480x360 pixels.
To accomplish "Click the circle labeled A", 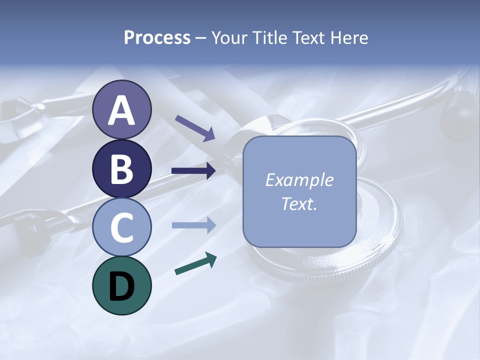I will [x=121, y=109].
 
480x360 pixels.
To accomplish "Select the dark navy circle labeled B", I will [x=121, y=168].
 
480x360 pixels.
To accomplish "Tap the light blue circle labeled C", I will [x=121, y=227].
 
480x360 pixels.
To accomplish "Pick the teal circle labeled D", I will [x=121, y=285].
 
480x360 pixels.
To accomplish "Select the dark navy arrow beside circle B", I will [x=194, y=171].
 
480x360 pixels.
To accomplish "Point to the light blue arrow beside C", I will [x=194, y=225].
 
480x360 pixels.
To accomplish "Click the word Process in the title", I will [x=157, y=38].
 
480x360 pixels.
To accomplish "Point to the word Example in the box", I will [x=299, y=180].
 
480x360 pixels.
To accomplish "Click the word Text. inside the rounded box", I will [x=299, y=204].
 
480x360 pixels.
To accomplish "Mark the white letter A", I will [x=121, y=110].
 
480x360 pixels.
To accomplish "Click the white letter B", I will [x=121, y=169].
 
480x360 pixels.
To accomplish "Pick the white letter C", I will [x=121, y=227].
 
